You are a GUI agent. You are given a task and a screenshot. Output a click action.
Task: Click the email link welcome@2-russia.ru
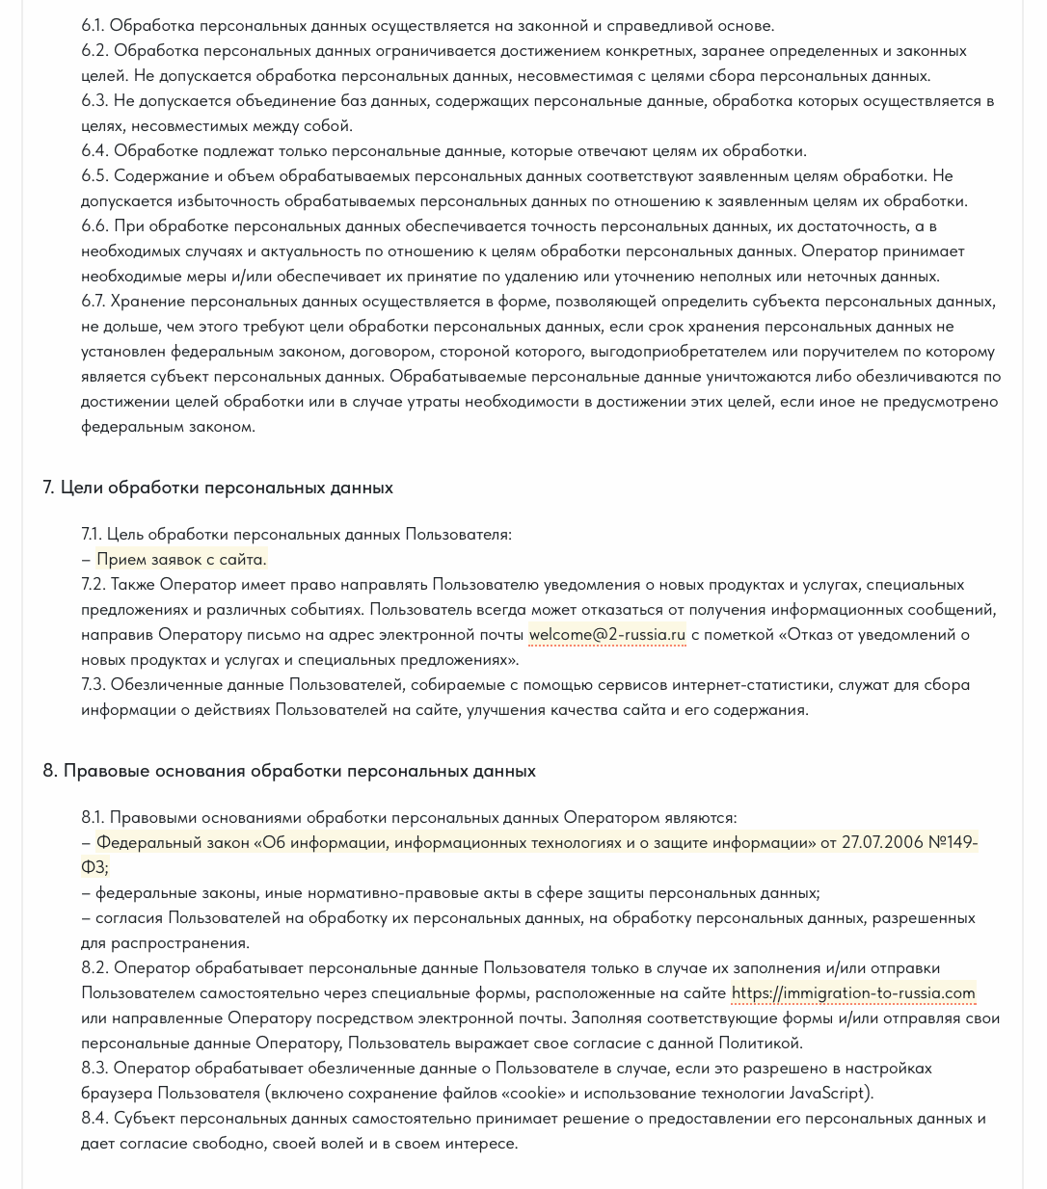pyautogui.click(x=606, y=634)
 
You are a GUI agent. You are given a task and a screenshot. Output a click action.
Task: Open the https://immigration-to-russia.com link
pyautogui.click(x=853, y=992)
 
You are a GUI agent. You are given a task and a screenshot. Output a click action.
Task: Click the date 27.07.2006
pyautogui.click(x=881, y=842)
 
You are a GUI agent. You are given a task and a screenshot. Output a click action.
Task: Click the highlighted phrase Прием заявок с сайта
pyautogui.click(x=181, y=559)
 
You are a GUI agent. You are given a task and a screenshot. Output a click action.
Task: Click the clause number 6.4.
pyautogui.click(x=94, y=150)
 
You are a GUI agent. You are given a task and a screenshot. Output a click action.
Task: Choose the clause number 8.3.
pyautogui.click(x=94, y=1068)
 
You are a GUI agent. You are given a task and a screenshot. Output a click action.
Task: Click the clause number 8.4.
pyautogui.click(x=94, y=1118)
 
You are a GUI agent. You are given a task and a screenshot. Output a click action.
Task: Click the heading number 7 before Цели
pyautogui.click(x=48, y=488)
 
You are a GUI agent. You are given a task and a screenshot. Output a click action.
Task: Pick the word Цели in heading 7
pyautogui.click(x=82, y=488)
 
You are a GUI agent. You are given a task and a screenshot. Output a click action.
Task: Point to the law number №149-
pyautogui.click(x=952, y=842)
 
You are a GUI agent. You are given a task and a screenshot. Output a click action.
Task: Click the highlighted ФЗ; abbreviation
pyautogui.click(x=94, y=867)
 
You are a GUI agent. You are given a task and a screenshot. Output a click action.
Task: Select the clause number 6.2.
pyautogui.click(x=94, y=50)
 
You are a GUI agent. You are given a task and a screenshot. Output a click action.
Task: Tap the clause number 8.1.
pyautogui.click(x=94, y=817)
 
